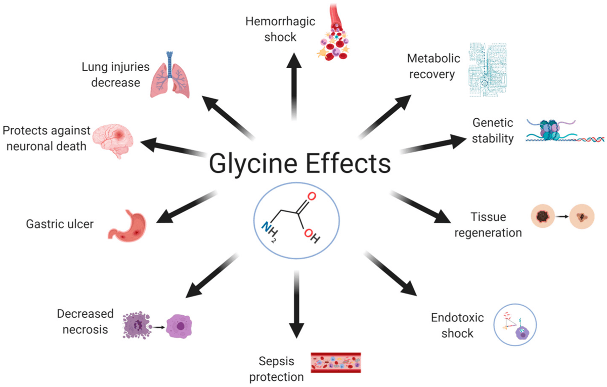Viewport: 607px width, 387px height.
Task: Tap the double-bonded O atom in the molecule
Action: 311,197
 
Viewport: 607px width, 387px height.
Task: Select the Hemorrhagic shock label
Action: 280,29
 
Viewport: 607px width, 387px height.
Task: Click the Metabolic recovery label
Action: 433,66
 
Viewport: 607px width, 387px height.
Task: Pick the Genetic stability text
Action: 493,130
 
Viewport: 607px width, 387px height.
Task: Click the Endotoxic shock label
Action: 457,325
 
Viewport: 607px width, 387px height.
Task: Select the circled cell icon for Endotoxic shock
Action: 514,324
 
